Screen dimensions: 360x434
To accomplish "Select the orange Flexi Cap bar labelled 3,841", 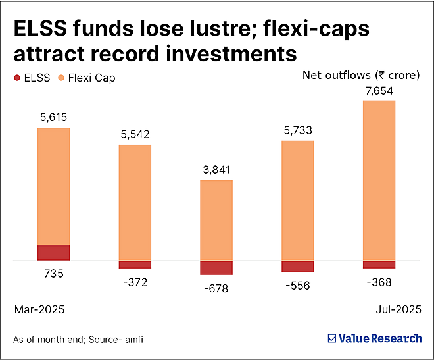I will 216,220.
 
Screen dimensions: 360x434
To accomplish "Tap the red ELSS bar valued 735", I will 54,253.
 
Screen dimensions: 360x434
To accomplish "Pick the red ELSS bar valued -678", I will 216,267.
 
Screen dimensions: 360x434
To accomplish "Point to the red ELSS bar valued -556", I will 297,266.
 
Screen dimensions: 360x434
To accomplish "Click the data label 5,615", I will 54,117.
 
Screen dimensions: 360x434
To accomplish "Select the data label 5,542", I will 135,135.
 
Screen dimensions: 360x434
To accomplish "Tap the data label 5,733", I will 297,130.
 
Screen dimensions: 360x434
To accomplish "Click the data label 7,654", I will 379,90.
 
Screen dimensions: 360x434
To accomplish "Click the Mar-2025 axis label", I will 39,308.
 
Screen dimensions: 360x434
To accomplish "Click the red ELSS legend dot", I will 17,78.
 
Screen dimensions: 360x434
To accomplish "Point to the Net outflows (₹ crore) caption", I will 360,75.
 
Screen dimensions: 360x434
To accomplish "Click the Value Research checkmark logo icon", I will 332,338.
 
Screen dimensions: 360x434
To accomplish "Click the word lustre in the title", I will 198,29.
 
